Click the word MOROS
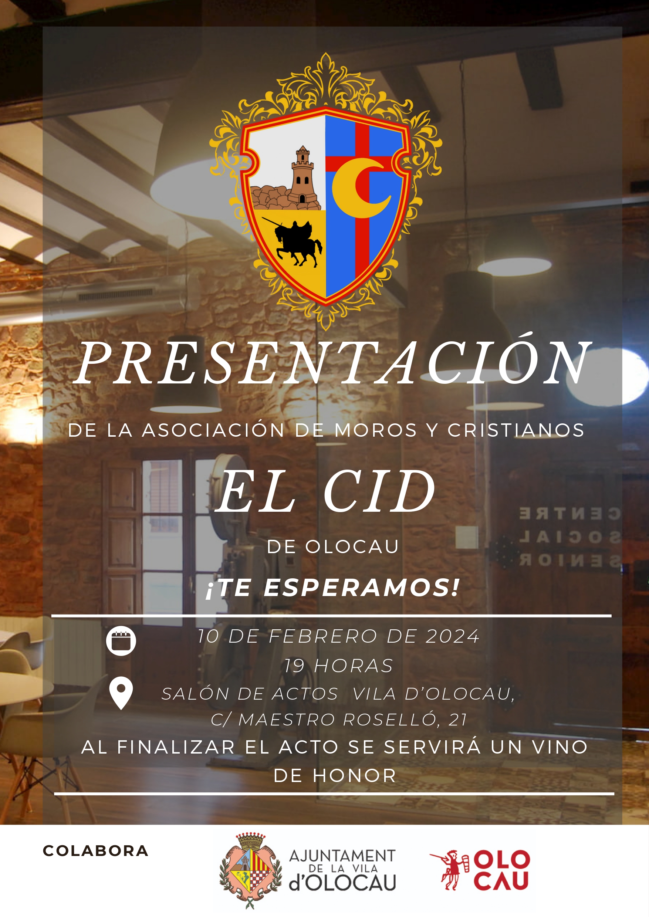tap(376, 430)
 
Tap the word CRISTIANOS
tap(516, 430)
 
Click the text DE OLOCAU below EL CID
tap(332, 547)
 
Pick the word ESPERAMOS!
tap(362, 588)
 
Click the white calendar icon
tap(121, 641)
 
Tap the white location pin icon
tap(121, 693)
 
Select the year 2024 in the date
tap(452, 636)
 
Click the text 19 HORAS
tap(338, 666)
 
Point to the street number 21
tap(457, 720)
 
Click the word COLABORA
tap(95, 851)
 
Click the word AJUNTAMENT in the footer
tap(342, 856)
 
